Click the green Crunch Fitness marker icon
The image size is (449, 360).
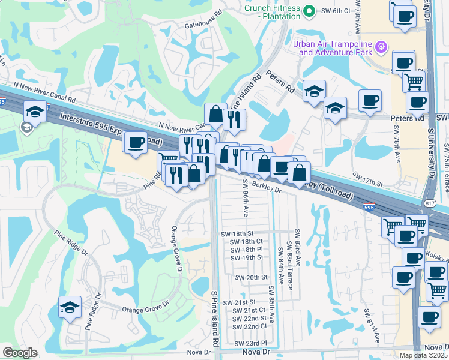point(309,11)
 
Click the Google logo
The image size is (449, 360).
point(20,353)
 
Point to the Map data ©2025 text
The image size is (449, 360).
point(423,355)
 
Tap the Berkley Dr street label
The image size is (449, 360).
point(263,187)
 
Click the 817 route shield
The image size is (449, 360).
point(430,203)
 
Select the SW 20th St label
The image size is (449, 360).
point(250,278)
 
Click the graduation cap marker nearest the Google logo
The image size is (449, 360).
point(70,308)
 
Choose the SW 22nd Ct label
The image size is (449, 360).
point(249,326)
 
